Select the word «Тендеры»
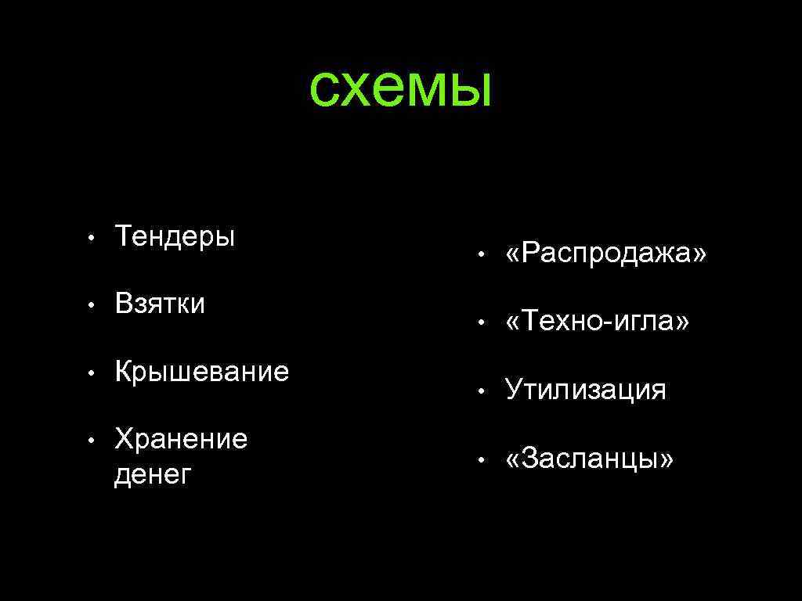175,236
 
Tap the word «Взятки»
160,303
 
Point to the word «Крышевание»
202,371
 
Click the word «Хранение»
181,439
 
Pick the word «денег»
153,473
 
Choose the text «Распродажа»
606,254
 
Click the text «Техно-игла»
598,321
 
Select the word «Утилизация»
586,389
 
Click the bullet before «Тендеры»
92,237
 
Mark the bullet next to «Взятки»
92,304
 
